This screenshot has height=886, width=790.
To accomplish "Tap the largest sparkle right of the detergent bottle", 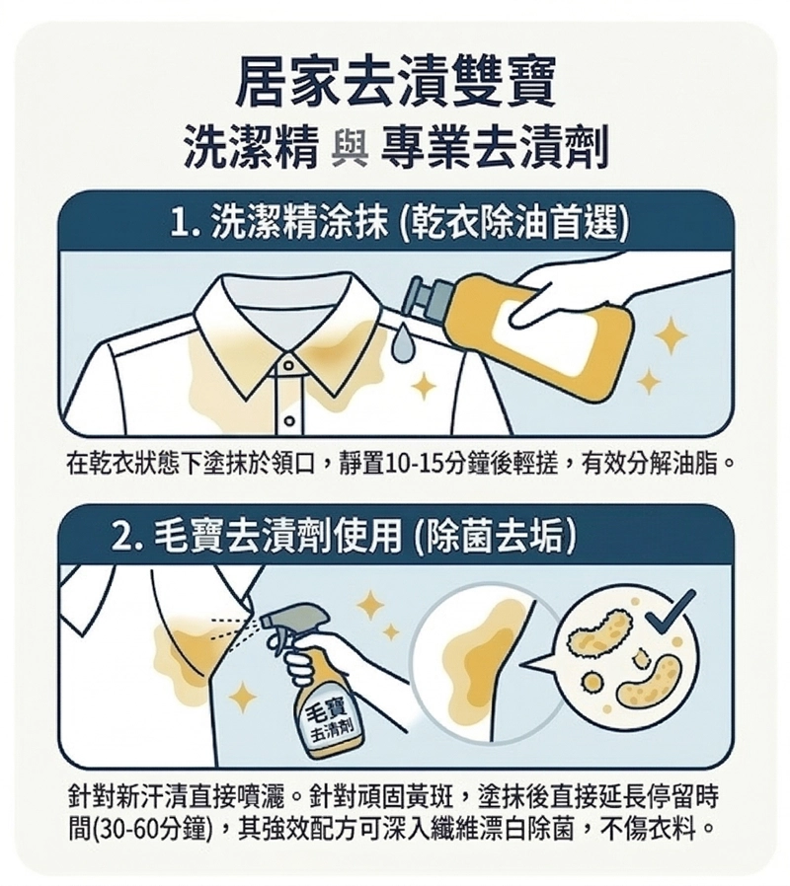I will tap(671, 335).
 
